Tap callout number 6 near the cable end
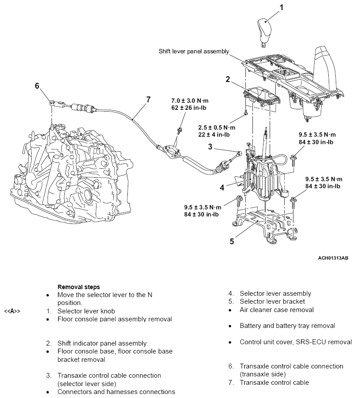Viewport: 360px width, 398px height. [x=37, y=85]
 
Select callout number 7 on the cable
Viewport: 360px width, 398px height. [x=148, y=100]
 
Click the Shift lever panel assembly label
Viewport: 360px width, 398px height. [x=194, y=52]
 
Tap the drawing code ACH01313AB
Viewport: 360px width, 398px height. [x=333, y=257]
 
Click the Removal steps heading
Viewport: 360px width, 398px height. [x=78, y=286]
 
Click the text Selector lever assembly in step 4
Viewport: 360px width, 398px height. [x=275, y=294]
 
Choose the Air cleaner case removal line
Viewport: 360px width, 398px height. [x=277, y=310]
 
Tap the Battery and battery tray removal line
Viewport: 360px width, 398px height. [x=287, y=326]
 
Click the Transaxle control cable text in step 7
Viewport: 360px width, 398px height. [x=274, y=383]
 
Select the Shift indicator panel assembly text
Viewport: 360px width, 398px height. [x=102, y=343]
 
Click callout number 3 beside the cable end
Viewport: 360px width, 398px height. [x=211, y=146]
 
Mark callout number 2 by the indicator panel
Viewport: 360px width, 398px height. [x=228, y=79]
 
